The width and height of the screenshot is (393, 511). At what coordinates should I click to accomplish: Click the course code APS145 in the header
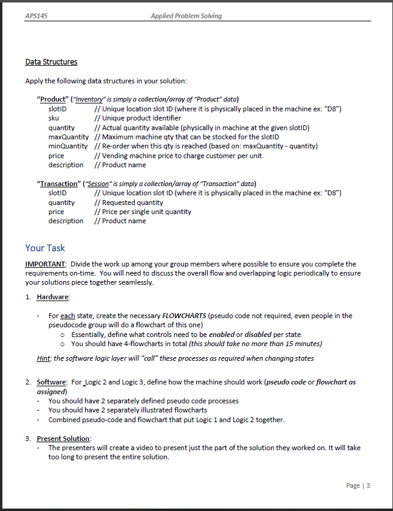pos(36,16)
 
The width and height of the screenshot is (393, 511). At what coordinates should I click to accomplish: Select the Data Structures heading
pos(51,61)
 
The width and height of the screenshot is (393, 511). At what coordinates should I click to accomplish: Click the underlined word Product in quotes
pos(53,99)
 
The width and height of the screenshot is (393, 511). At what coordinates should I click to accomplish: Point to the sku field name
pos(54,118)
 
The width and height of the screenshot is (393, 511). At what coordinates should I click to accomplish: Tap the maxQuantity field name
pos(69,137)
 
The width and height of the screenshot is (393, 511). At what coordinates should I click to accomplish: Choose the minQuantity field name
pos(68,146)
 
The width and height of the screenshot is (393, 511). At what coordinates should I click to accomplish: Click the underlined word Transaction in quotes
pos(59,184)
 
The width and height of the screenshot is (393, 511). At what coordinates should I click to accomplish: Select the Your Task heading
pos(45,248)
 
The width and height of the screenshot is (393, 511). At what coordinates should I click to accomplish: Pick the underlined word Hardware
pos(53,297)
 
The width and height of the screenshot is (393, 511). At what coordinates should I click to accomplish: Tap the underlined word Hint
pos(44,358)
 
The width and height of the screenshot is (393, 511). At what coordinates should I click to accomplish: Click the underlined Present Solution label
pos(63,439)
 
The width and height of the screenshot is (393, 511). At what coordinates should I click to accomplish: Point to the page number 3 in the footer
pos(367,485)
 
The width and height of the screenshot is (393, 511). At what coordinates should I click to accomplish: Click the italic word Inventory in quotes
pos(91,99)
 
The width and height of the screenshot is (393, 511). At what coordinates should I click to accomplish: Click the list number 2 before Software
pos(27,382)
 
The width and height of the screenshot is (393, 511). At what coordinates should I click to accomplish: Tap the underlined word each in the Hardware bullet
pos(68,316)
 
